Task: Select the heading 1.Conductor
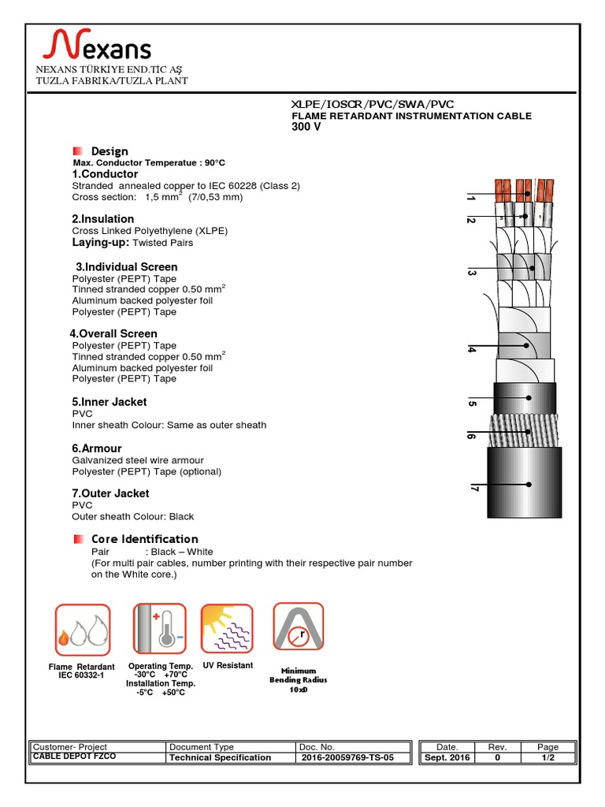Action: pos(105,174)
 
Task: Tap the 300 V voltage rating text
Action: pos(306,127)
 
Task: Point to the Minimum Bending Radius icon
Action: pos(299,627)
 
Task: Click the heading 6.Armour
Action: pos(97,448)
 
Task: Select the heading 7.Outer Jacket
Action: pos(110,493)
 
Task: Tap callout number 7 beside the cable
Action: pos(473,489)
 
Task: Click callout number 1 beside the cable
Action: pos(470,198)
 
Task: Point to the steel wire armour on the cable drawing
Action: pos(524,430)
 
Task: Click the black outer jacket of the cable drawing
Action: pos(524,483)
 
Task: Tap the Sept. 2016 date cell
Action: pos(447,757)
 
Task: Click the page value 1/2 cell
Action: pos(547,757)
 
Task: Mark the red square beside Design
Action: pos(77,151)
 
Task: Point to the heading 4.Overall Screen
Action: pos(113,334)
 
